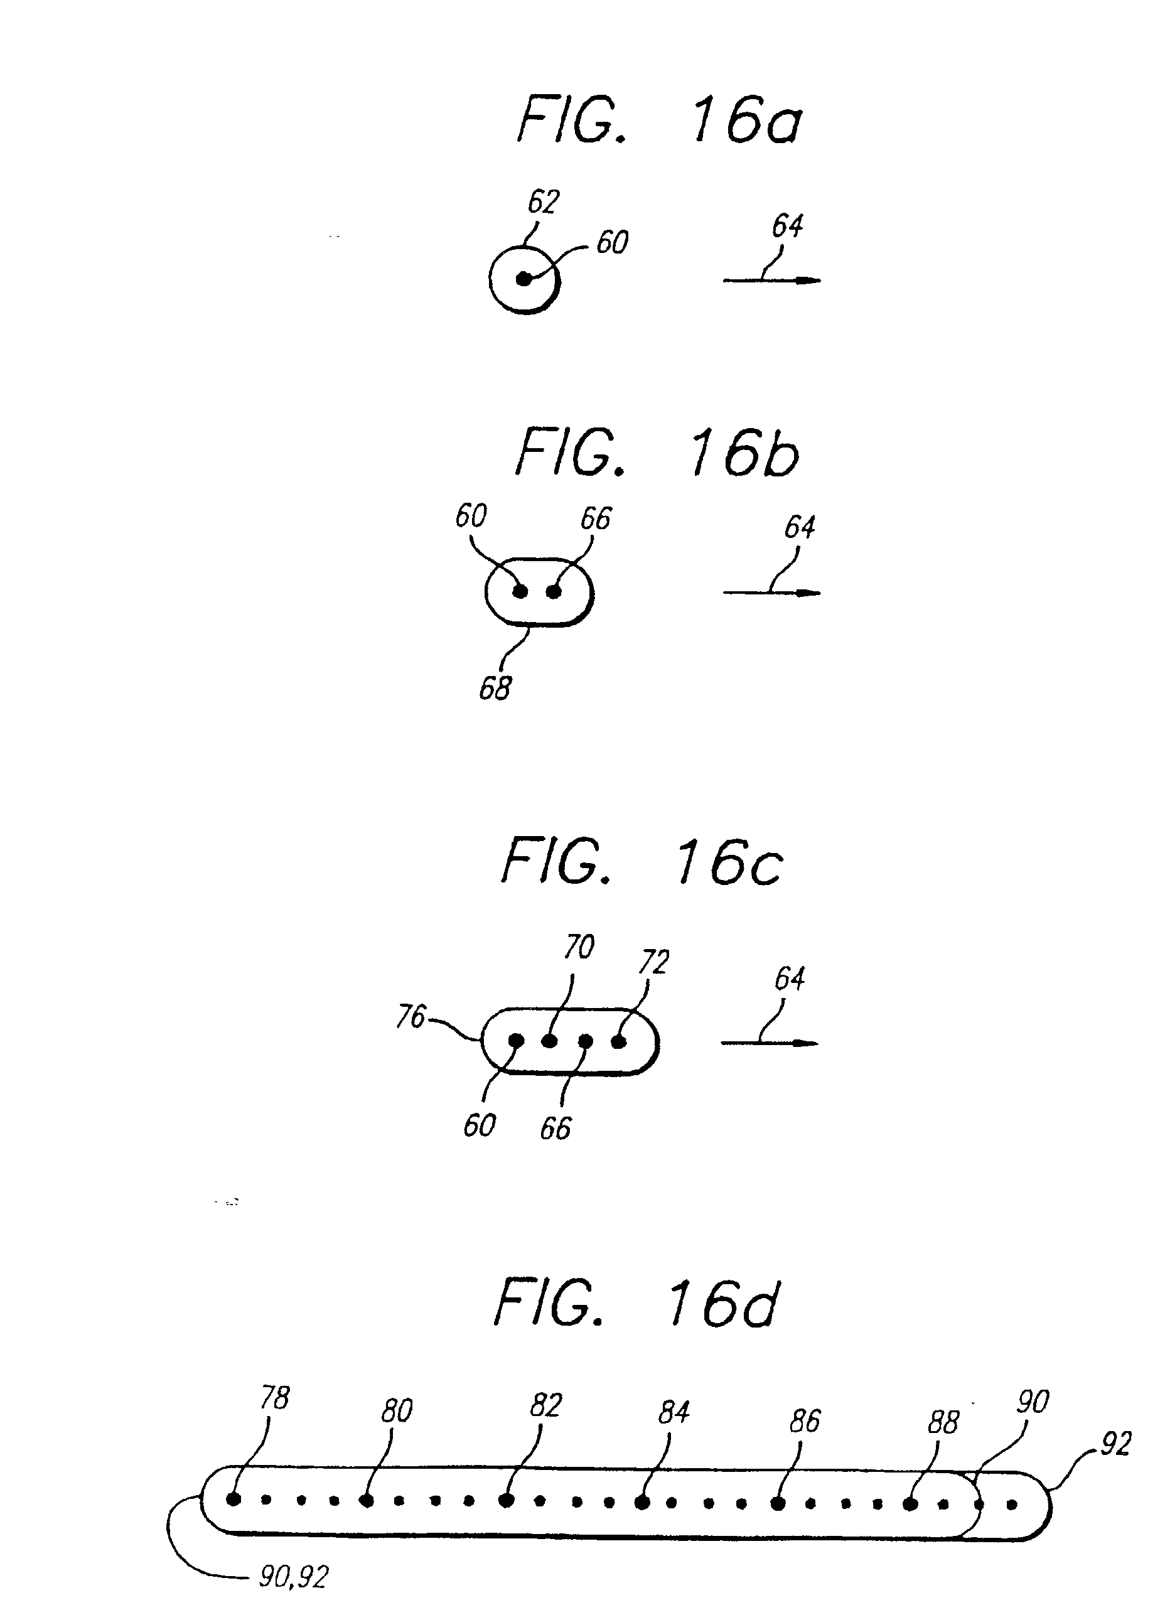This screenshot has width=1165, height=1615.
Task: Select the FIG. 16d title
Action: point(636,1303)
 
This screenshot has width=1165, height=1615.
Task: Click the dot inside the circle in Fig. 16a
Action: point(524,279)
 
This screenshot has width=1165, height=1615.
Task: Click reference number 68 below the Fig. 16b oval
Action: point(495,688)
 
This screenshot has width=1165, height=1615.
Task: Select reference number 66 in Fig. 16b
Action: point(595,518)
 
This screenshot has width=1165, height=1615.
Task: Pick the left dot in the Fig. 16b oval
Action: point(520,591)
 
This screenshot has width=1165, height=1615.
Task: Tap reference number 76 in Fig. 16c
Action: point(411,1017)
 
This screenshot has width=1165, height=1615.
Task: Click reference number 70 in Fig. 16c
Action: point(578,947)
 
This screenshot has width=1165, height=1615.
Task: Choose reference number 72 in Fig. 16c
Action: point(653,963)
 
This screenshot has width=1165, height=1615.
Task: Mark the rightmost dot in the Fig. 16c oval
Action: point(619,1042)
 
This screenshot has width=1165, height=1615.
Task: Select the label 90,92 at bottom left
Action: point(293,1577)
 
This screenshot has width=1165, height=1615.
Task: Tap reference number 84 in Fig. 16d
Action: point(673,1412)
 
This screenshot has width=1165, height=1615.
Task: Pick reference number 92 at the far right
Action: point(1115,1444)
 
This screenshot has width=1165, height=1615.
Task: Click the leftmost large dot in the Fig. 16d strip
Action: point(233,1500)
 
